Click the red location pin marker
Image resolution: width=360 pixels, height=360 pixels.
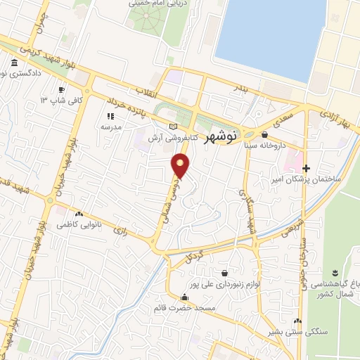(181, 166)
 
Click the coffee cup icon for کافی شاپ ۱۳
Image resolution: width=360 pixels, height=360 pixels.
(62, 90)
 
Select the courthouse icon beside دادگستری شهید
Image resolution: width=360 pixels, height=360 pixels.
(15, 65)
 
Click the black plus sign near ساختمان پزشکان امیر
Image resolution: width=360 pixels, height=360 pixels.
(306, 168)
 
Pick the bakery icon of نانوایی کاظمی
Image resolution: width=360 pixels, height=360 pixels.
(79, 214)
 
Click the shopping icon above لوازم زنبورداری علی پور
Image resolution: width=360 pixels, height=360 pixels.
(224, 273)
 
